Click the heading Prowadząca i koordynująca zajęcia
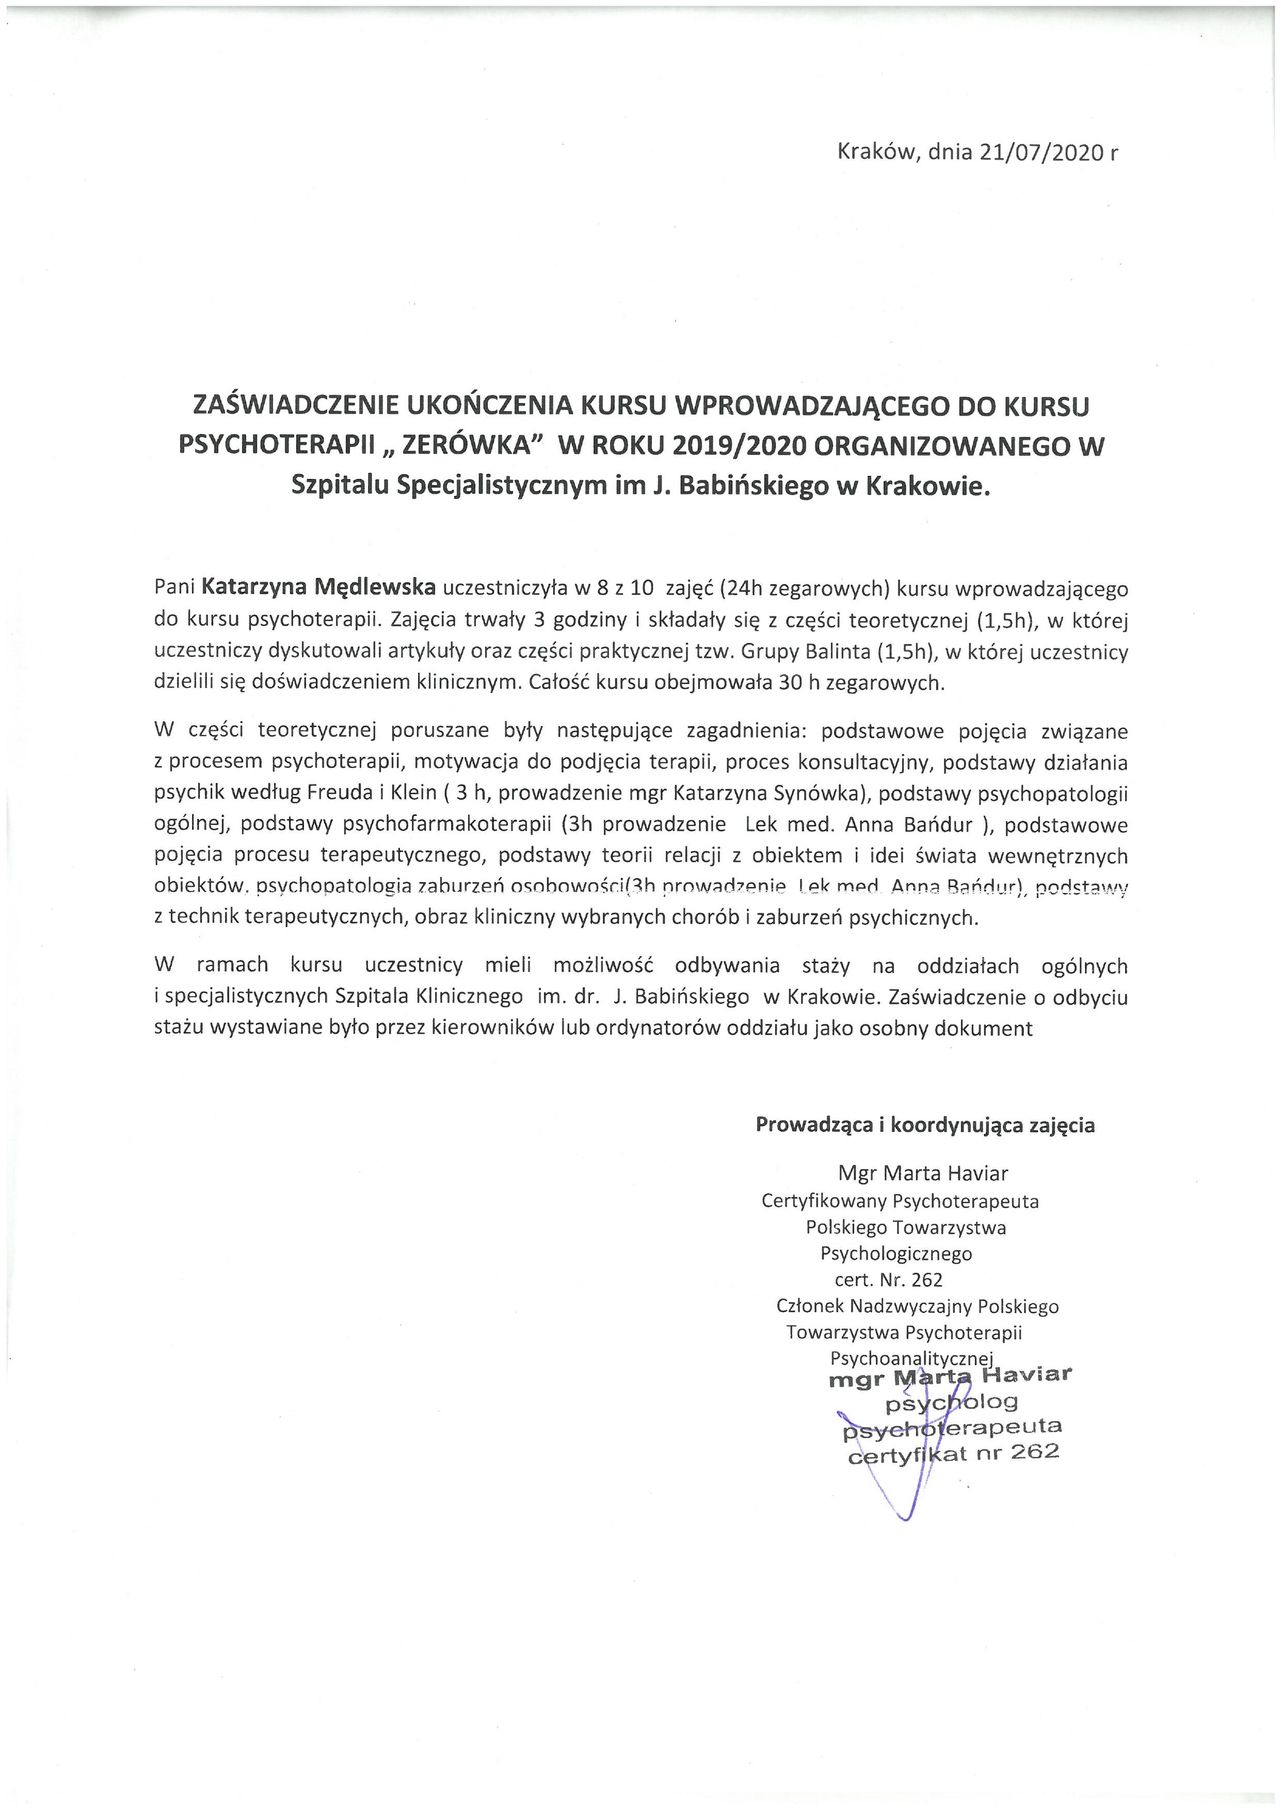[924, 1125]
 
